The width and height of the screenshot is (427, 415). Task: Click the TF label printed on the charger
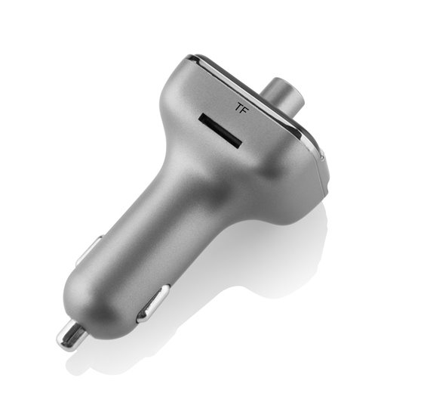[242, 107]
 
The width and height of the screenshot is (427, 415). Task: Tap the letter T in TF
[239, 107]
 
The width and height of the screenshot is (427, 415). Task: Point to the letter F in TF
[245, 109]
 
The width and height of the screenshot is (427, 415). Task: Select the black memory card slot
[220, 131]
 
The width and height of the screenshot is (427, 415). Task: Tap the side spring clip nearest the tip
[153, 303]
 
